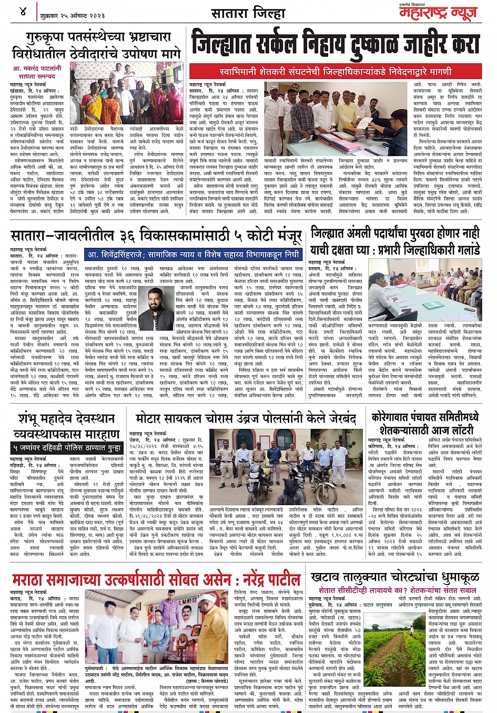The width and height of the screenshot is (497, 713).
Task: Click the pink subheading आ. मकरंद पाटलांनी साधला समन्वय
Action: [x=37, y=72]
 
